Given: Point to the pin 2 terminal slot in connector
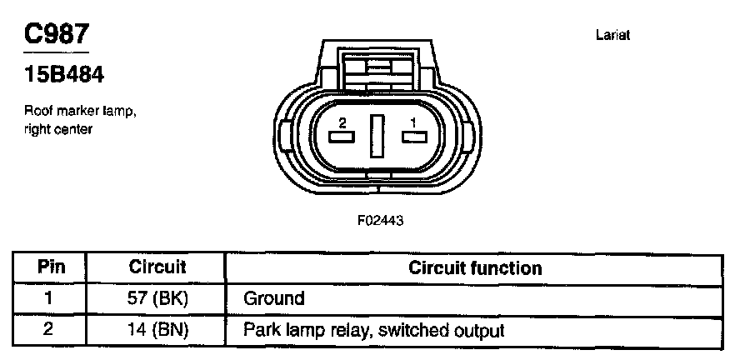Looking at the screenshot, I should coord(342,137).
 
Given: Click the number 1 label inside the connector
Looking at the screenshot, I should coord(412,122).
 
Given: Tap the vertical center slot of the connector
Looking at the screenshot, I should coord(377,136).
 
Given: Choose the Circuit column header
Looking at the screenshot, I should coord(157,268).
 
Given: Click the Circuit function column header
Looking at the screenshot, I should coord(475,268).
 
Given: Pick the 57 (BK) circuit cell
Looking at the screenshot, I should coord(157,298).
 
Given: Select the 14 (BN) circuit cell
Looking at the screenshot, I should coord(157,330).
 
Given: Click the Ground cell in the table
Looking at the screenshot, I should coord(274,298).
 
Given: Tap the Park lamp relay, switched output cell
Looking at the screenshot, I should coord(374,330).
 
